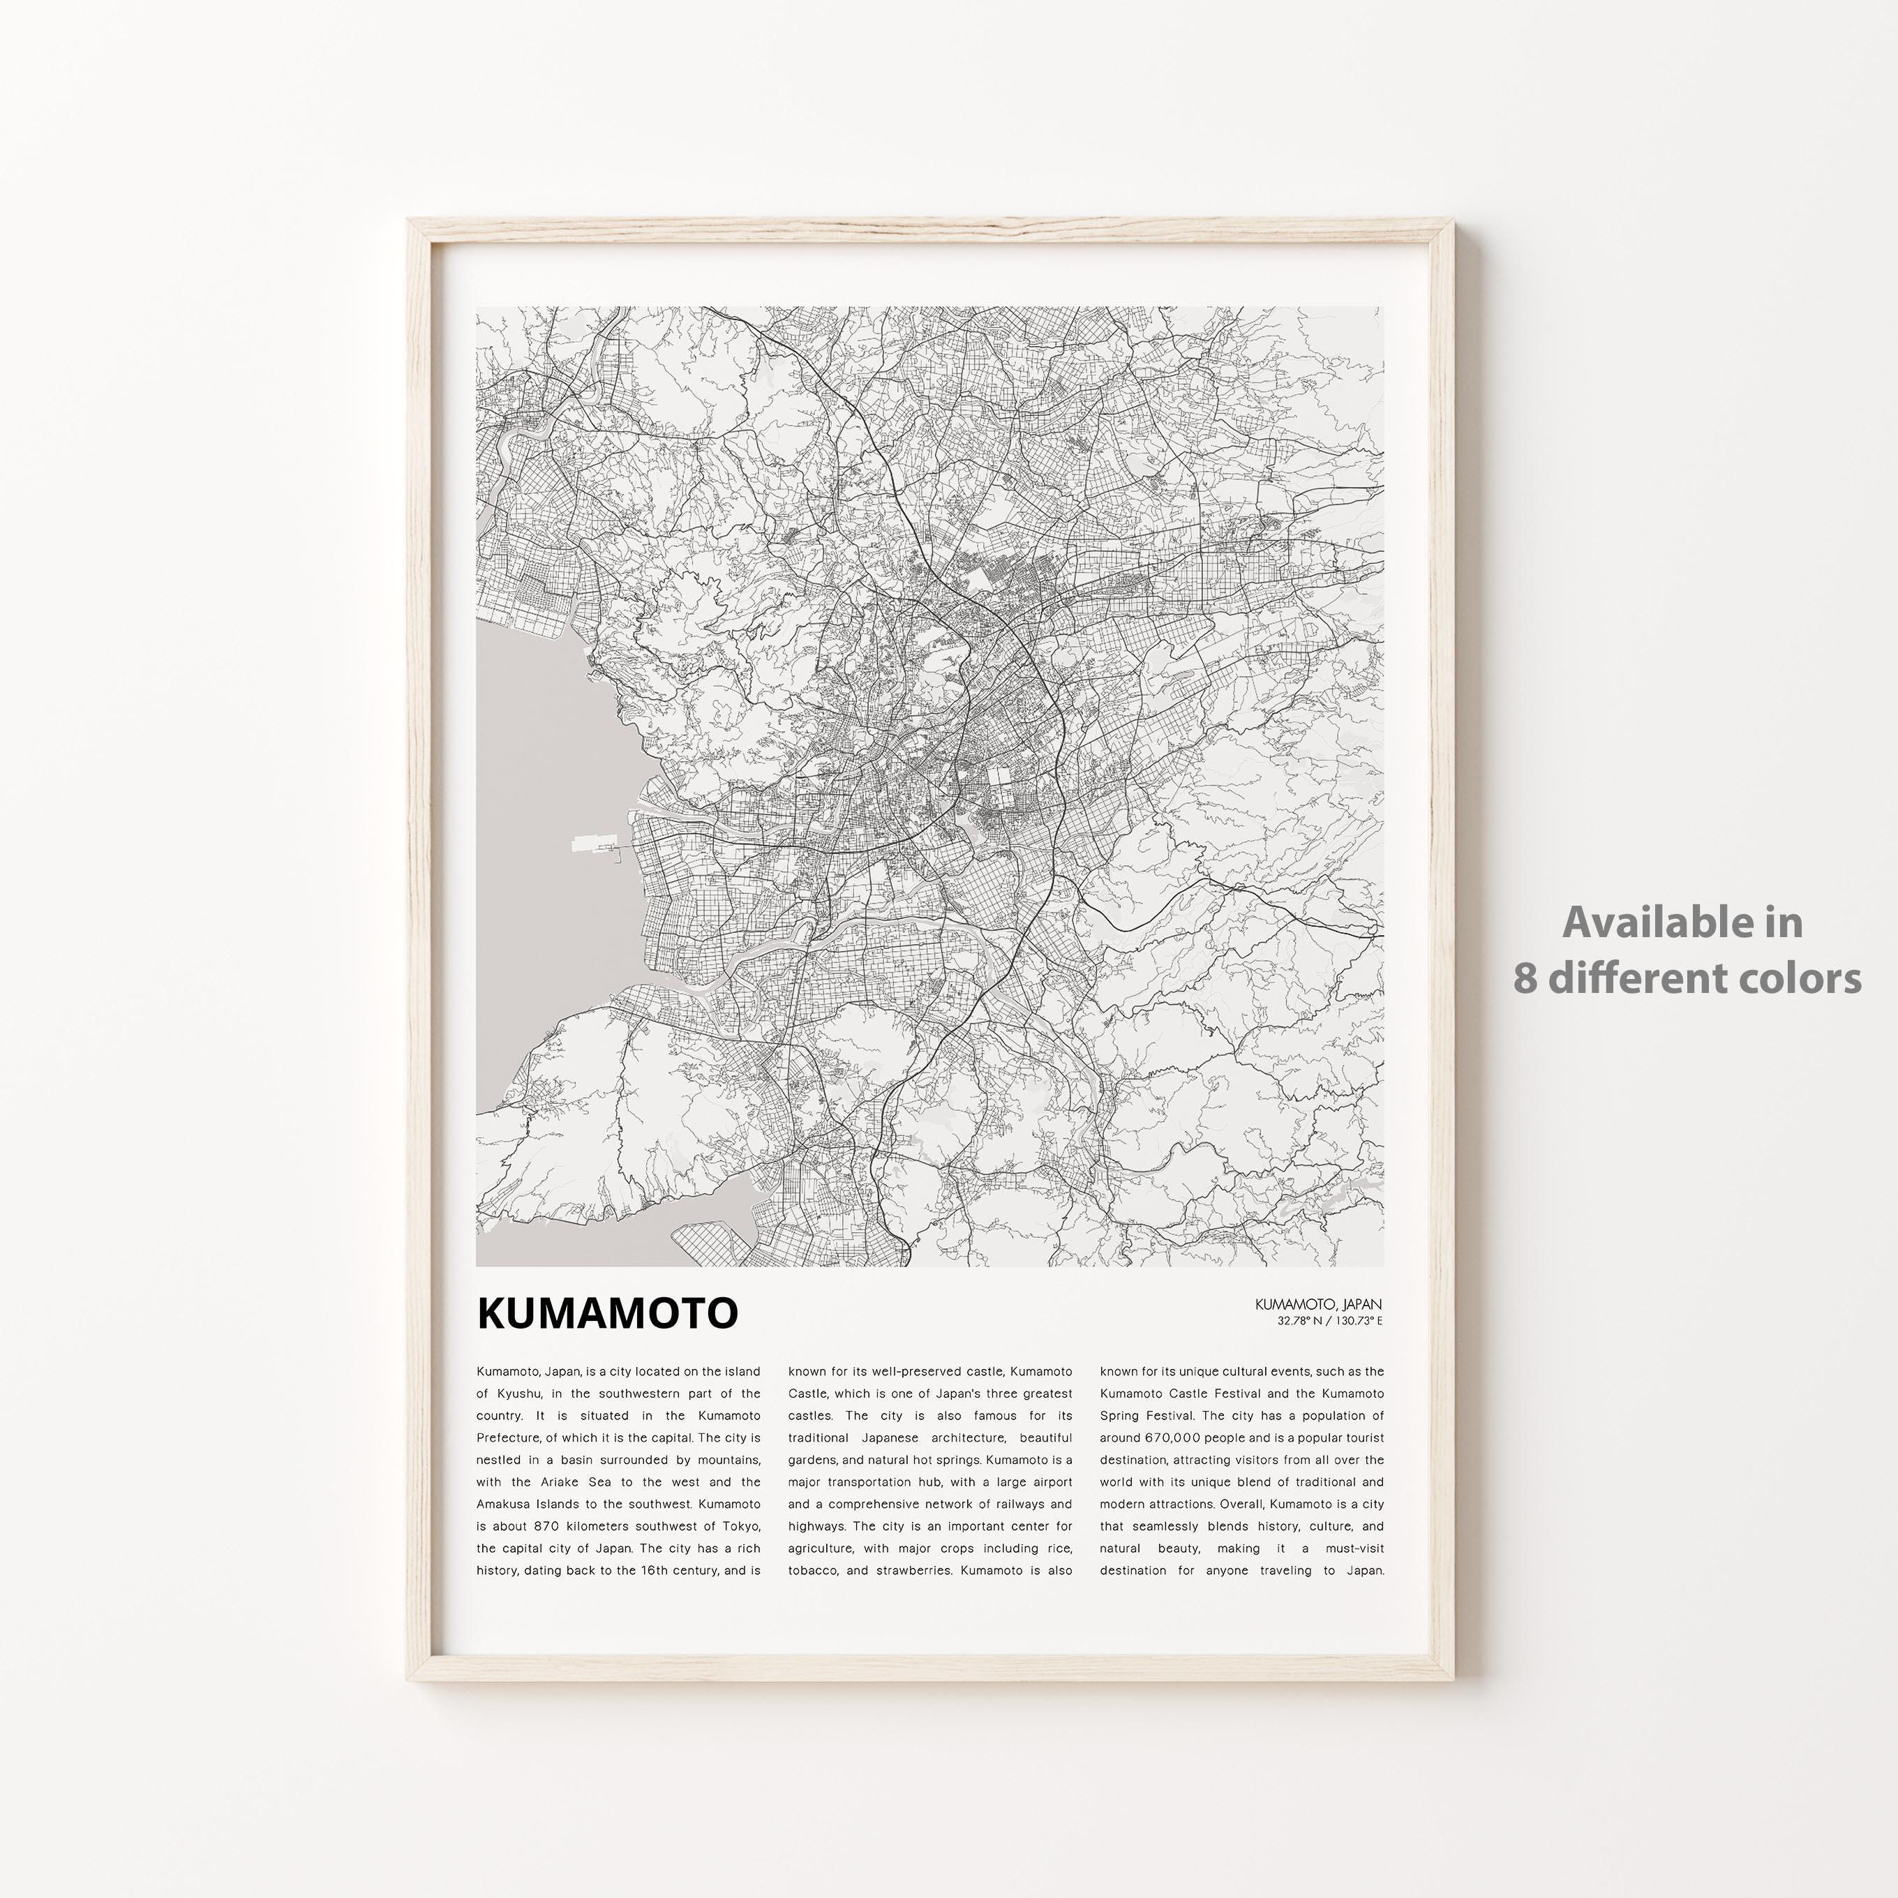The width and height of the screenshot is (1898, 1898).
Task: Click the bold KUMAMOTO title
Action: [x=607, y=1313]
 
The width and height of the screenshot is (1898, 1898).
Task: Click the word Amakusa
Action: [x=508, y=1504]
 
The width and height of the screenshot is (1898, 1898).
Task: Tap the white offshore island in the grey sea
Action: [x=592, y=843]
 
